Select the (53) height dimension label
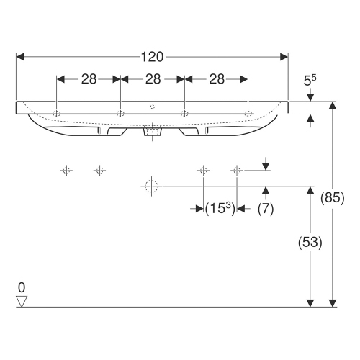(310, 243)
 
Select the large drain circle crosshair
(150, 186)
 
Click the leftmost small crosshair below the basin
(66, 171)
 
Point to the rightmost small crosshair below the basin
(236, 171)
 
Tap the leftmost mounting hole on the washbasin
(58, 113)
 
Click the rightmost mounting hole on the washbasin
(247, 113)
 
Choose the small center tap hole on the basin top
(153, 106)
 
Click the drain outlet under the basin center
(153, 132)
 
